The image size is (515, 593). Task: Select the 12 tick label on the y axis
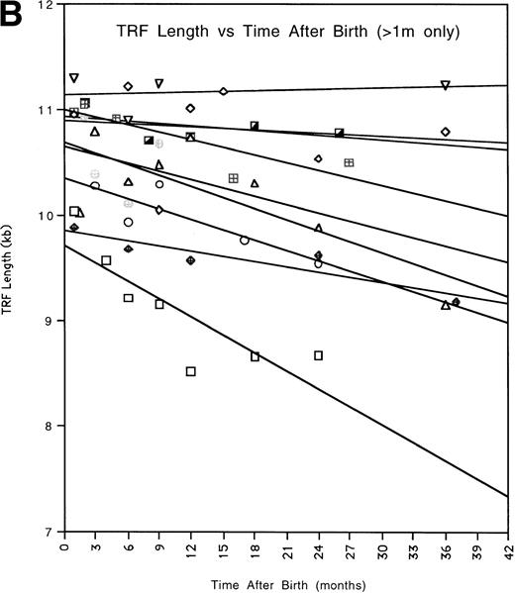coord(48,6)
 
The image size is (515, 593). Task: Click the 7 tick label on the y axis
coord(51,532)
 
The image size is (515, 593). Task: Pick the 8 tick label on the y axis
coord(51,427)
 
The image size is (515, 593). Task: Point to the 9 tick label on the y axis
coord(51,322)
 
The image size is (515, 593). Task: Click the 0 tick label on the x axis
coord(64,545)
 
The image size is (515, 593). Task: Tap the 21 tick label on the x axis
coord(286,545)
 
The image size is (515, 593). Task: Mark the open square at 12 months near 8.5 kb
coord(191,371)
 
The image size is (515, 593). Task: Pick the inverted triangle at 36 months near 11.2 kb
coord(446,85)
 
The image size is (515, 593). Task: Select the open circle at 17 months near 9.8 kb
coord(245,240)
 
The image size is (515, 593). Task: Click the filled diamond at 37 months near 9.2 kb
coord(456,302)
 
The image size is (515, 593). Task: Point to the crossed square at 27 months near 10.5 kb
coord(349,162)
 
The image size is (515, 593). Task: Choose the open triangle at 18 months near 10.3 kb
coord(255,183)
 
